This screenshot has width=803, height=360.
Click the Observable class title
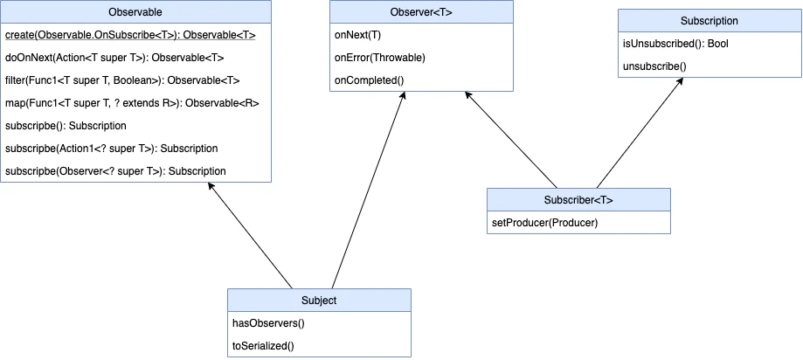(x=135, y=12)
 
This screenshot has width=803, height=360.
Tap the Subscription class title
(x=709, y=20)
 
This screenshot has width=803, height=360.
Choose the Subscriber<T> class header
(x=578, y=199)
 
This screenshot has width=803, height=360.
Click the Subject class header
(x=318, y=300)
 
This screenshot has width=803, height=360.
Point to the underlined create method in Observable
(x=130, y=35)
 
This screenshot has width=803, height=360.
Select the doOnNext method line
(x=114, y=58)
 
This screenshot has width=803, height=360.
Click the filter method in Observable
(x=121, y=80)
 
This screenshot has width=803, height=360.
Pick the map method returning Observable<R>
(x=132, y=103)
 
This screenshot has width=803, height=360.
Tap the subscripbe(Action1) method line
(x=111, y=149)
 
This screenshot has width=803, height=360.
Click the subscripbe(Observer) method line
(x=115, y=171)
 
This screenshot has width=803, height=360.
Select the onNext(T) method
(x=357, y=35)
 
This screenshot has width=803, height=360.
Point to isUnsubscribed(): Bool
(x=674, y=43)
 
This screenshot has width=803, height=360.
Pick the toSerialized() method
(x=263, y=345)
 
